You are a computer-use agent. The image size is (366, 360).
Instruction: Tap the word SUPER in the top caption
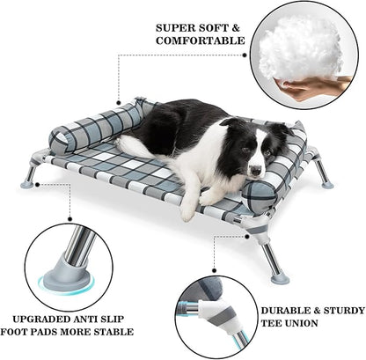click(x=173, y=26)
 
